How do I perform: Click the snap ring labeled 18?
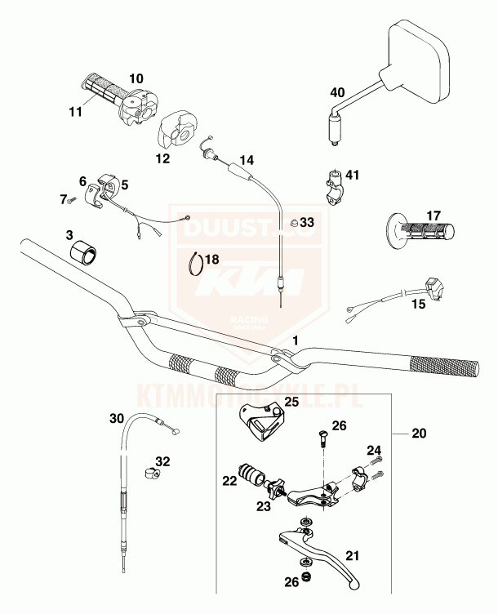pyautogui.click(x=196, y=265)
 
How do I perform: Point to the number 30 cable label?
pyautogui.click(x=118, y=417)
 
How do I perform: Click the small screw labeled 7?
pyautogui.click(x=72, y=198)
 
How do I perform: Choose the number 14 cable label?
pyautogui.click(x=247, y=159)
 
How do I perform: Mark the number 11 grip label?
pyautogui.click(x=75, y=112)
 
